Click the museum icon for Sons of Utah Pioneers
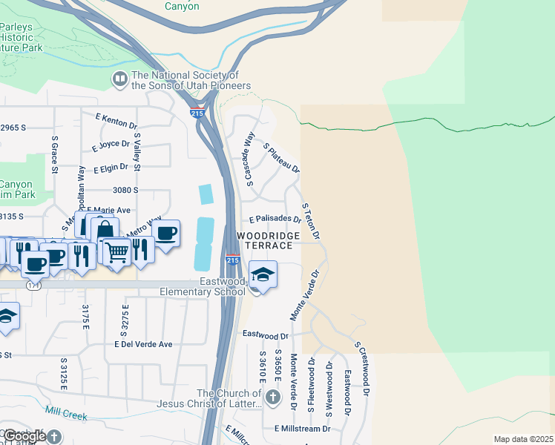(119, 79)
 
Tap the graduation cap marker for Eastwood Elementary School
(263, 274)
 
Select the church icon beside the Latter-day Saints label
(273, 398)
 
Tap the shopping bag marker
(105, 231)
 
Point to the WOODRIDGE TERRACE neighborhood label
(268, 240)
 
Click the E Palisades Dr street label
(275, 220)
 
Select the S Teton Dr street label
(310, 220)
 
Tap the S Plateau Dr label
(281, 158)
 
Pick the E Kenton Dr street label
(116, 118)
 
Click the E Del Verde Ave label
(143, 344)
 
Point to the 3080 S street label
(125, 190)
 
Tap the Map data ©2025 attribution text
(523, 440)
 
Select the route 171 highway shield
(33, 285)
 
